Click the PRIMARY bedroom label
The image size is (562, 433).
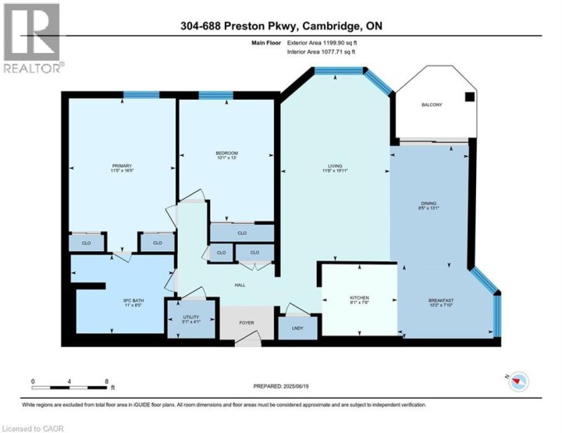click(x=121, y=165)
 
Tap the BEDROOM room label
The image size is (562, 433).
click(x=226, y=152)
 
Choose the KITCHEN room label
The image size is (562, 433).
click(x=359, y=298)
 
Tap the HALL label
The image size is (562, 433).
click(x=241, y=285)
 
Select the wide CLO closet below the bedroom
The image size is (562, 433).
click(x=242, y=232)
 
